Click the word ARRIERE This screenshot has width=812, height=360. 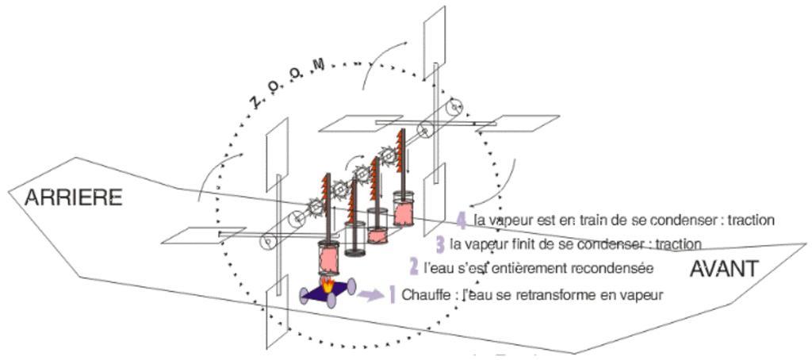(x=73, y=197)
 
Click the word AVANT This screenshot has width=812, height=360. (x=723, y=269)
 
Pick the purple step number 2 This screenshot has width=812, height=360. (x=413, y=266)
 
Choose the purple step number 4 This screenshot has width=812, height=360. (x=462, y=220)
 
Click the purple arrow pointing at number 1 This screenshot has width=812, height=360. (x=367, y=296)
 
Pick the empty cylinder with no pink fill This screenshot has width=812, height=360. (x=355, y=239)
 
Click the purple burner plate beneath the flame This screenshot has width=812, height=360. (x=327, y=293)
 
